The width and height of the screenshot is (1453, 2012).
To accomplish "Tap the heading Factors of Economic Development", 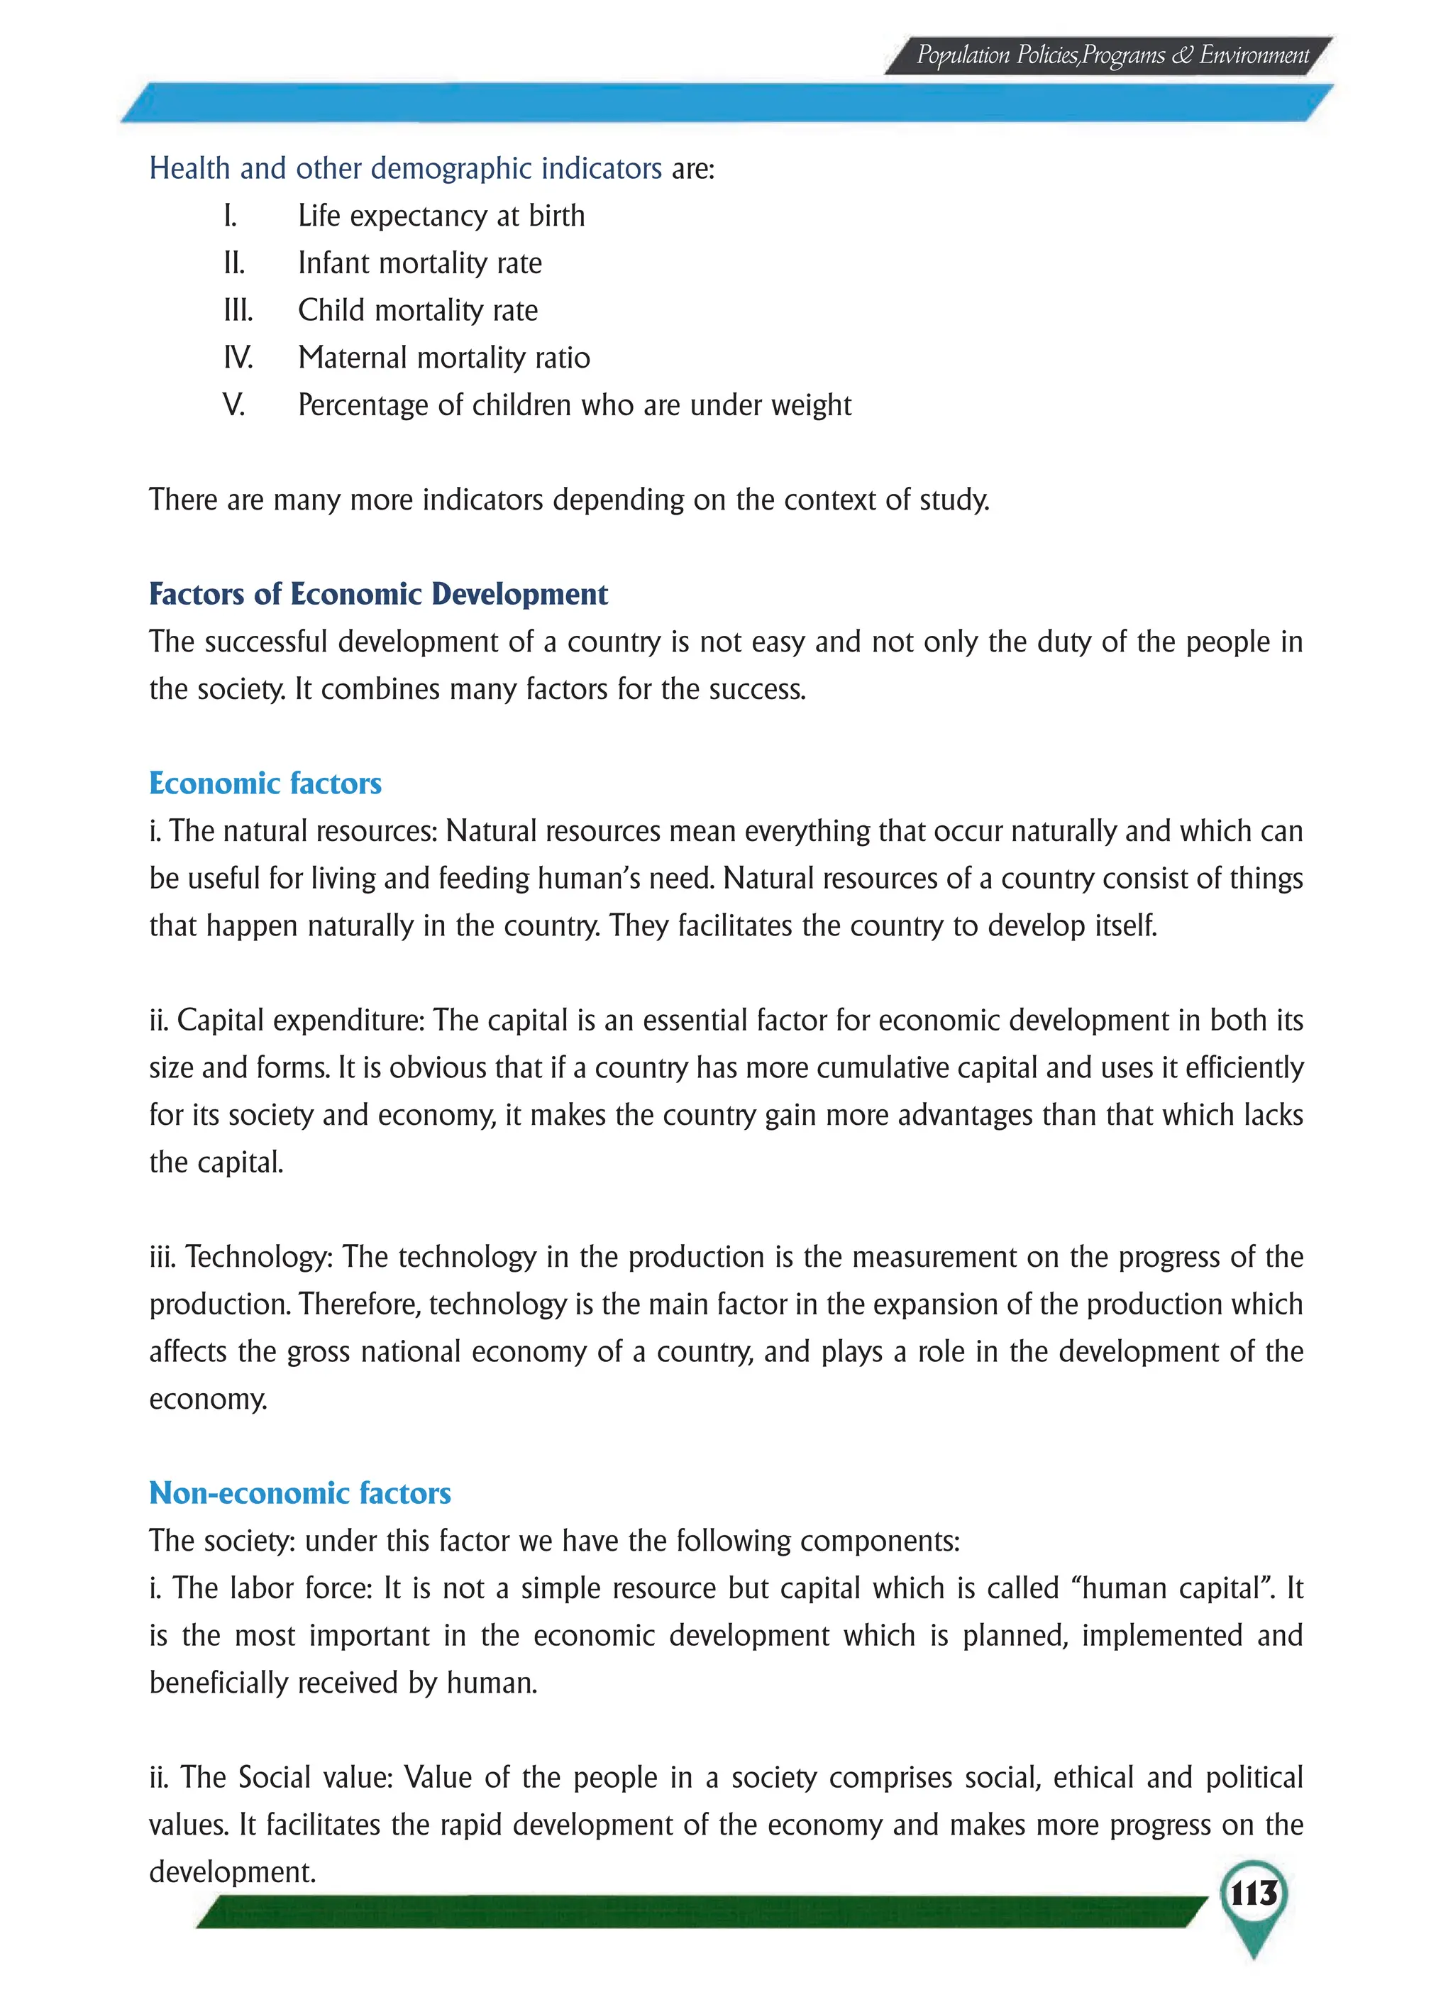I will (x=378, y=595).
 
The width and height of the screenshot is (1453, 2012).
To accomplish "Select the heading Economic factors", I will (x=265, y=784).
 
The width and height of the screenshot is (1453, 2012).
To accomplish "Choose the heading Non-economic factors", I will (x=300, y=1493).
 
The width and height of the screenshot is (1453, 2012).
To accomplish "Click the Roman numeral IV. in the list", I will (x=238, y=358).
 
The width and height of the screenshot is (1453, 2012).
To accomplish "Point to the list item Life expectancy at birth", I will (x=441, y=216).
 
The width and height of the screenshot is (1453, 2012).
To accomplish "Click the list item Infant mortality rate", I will (x=419, y=263).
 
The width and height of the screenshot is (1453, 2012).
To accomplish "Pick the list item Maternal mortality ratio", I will (x=443, y=358).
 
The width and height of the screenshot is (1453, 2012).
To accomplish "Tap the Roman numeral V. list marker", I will (x=233, y=405).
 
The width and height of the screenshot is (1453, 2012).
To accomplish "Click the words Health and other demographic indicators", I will (x=405, y=169).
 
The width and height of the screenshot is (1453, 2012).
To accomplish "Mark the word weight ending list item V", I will (x=811, y=405).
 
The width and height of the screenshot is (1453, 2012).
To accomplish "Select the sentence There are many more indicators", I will (x=568, y=500).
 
